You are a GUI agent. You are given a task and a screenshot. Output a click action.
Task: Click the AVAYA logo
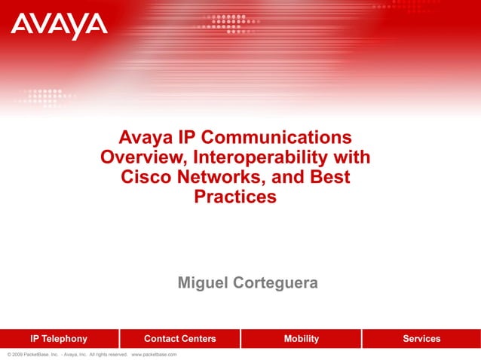pos(59,26)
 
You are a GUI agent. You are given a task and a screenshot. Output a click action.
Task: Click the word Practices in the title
pos(235,197)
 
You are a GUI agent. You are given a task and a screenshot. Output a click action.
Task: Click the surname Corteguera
pos(277,283)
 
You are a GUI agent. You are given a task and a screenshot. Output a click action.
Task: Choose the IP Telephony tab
pos(59,339)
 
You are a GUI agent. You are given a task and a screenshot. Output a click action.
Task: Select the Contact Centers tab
pos(179,339)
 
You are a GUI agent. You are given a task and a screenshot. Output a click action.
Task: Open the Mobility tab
pos(301,339)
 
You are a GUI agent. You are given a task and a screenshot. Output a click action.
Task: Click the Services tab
pos(421,339)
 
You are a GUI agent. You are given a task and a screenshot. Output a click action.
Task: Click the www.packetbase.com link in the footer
pos(154,354)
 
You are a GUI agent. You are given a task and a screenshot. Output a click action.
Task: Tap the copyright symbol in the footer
pos(8,354)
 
